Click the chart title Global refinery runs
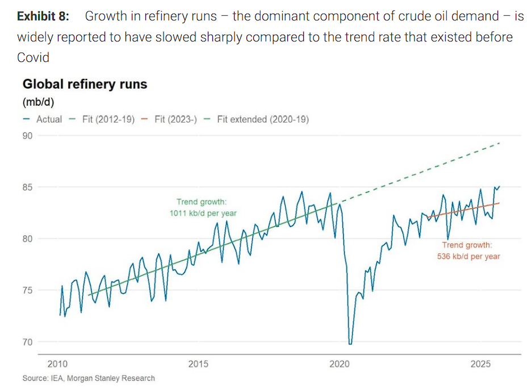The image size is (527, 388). tap(85, 85)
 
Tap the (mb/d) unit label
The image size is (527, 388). tap(38, 102)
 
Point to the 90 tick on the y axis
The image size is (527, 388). tap(27, 135)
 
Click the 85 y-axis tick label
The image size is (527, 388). tap(27, 187)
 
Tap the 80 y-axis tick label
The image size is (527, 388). tap(27, 239)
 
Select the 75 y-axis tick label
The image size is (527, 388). tap(27, 290)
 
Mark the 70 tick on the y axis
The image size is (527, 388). tap(27, 342)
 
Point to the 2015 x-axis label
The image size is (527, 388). tap(199, 364)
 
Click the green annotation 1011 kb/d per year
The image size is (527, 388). tap(203, 213)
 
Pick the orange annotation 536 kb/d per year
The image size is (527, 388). tap(469, 256)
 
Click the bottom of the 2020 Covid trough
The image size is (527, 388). tap(350, 343)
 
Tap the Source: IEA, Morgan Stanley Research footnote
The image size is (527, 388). tap(89, 378)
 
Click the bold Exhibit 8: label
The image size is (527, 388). tap(43, 16)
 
